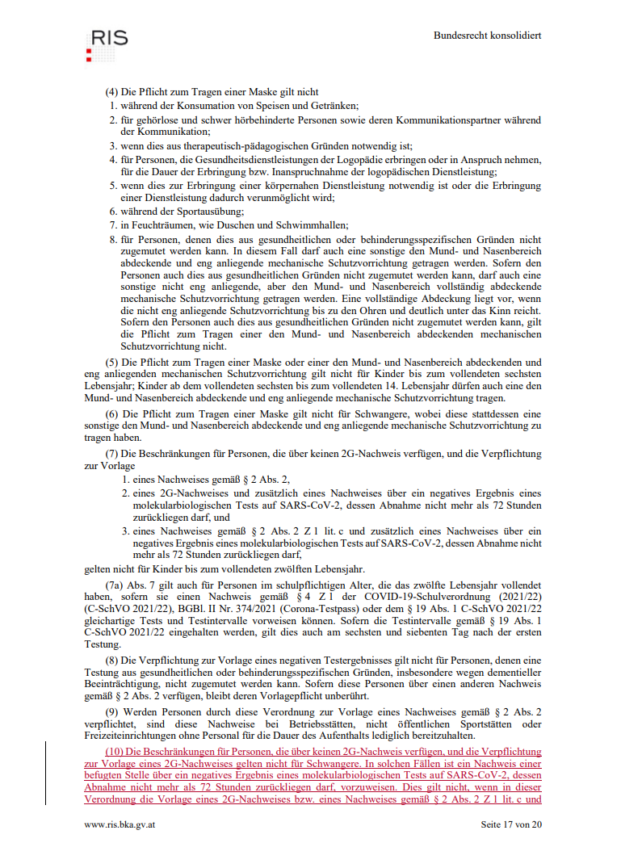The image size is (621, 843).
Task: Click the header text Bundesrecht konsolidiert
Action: coord(487,36)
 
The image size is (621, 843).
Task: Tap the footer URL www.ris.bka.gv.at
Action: coord(120,824)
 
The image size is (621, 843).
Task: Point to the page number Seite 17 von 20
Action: coord(511,824)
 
